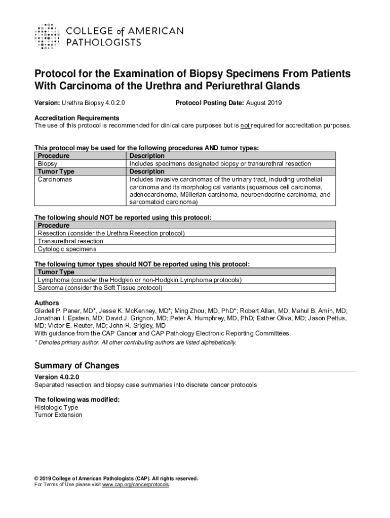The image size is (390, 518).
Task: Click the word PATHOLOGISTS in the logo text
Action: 104,43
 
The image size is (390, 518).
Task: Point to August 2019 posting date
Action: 264,103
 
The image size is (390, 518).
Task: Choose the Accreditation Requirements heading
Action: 77,118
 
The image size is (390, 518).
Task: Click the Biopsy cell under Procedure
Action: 47,164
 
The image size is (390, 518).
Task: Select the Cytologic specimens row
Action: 67,249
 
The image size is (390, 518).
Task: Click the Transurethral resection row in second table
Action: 70,241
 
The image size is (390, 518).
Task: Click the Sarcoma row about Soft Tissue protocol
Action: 100,288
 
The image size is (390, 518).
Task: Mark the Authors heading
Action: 47,303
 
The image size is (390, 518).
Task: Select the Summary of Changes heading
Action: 76,365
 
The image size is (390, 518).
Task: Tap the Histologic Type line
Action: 56,407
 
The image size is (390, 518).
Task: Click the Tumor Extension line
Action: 58,415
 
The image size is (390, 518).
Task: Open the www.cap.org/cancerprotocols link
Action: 136,485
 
